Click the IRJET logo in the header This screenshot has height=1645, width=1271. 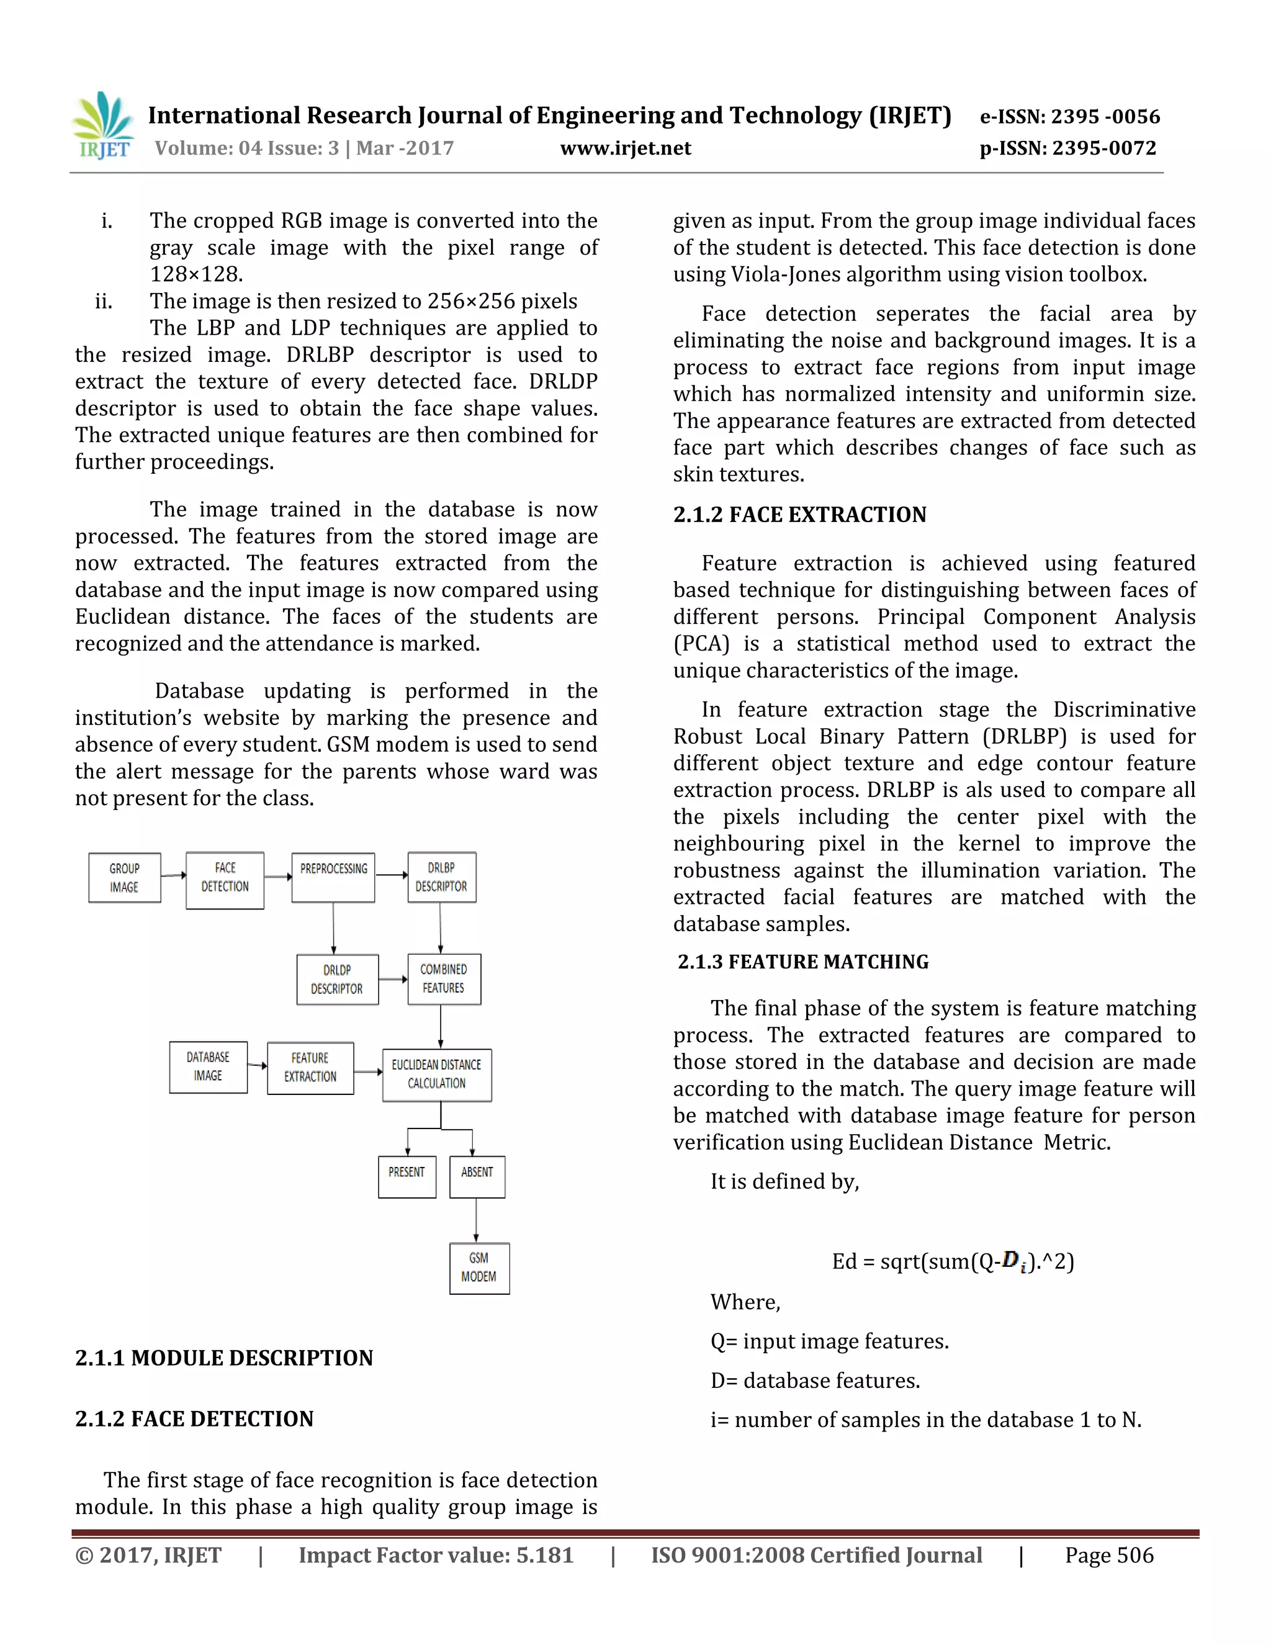click(104, 126)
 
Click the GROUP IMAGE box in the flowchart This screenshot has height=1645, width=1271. click(124, 878)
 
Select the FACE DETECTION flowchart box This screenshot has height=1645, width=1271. click(225, 880)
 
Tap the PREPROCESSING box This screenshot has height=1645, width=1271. click(333, 878)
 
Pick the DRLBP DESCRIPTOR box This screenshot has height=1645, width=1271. click(441, 878)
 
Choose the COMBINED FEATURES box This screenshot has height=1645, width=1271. click(444, 978)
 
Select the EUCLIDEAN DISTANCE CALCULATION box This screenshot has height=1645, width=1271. click(437, 1074)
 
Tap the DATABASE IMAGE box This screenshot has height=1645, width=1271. click(208, 1066)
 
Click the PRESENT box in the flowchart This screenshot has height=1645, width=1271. click(406, 1176)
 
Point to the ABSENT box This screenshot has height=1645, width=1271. click(477, 1176)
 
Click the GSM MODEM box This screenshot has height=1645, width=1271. click(479, 1268)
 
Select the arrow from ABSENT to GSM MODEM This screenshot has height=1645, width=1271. click(476, 1220)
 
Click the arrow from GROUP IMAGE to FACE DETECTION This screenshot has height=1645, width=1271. click(173, 875)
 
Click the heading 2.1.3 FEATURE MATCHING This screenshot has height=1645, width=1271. click(802, 962)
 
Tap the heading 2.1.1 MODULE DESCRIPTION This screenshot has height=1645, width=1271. click(223, 1358)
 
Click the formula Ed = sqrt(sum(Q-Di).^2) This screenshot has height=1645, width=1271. click(953, 1261)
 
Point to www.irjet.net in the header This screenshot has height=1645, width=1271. click(625, 148)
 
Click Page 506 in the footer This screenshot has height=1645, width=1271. click(1108, 1556)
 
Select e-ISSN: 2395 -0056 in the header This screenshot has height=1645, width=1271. click(1069, 117)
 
